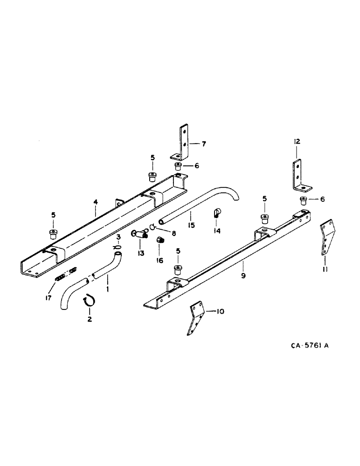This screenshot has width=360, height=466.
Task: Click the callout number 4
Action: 96,202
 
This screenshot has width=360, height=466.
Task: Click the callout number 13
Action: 141,253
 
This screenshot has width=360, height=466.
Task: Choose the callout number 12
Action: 297,141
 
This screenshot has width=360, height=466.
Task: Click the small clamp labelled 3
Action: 118,247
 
